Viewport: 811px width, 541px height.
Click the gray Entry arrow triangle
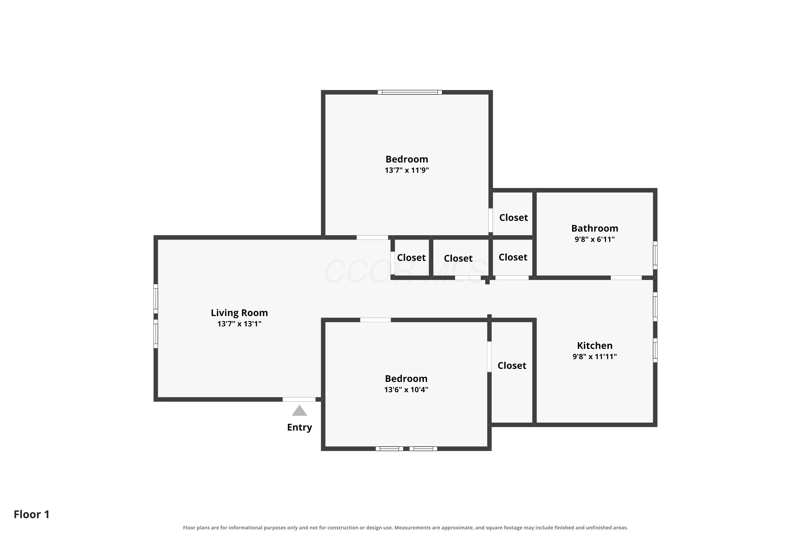pyautogui.click(x=299, y=411)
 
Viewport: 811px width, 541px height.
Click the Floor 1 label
pyautogui.click(x=32, y=514)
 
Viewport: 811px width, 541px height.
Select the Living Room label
pyautogui.click(x=239, y=313)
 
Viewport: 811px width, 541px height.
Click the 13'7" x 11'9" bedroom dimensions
pyautogui.click(x=407, y=170)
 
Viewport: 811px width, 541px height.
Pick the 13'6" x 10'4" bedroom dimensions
pyautogui.click(x=406, y=390)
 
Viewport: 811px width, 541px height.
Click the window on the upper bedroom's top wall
pyautogui.click(x=410, y=92)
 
